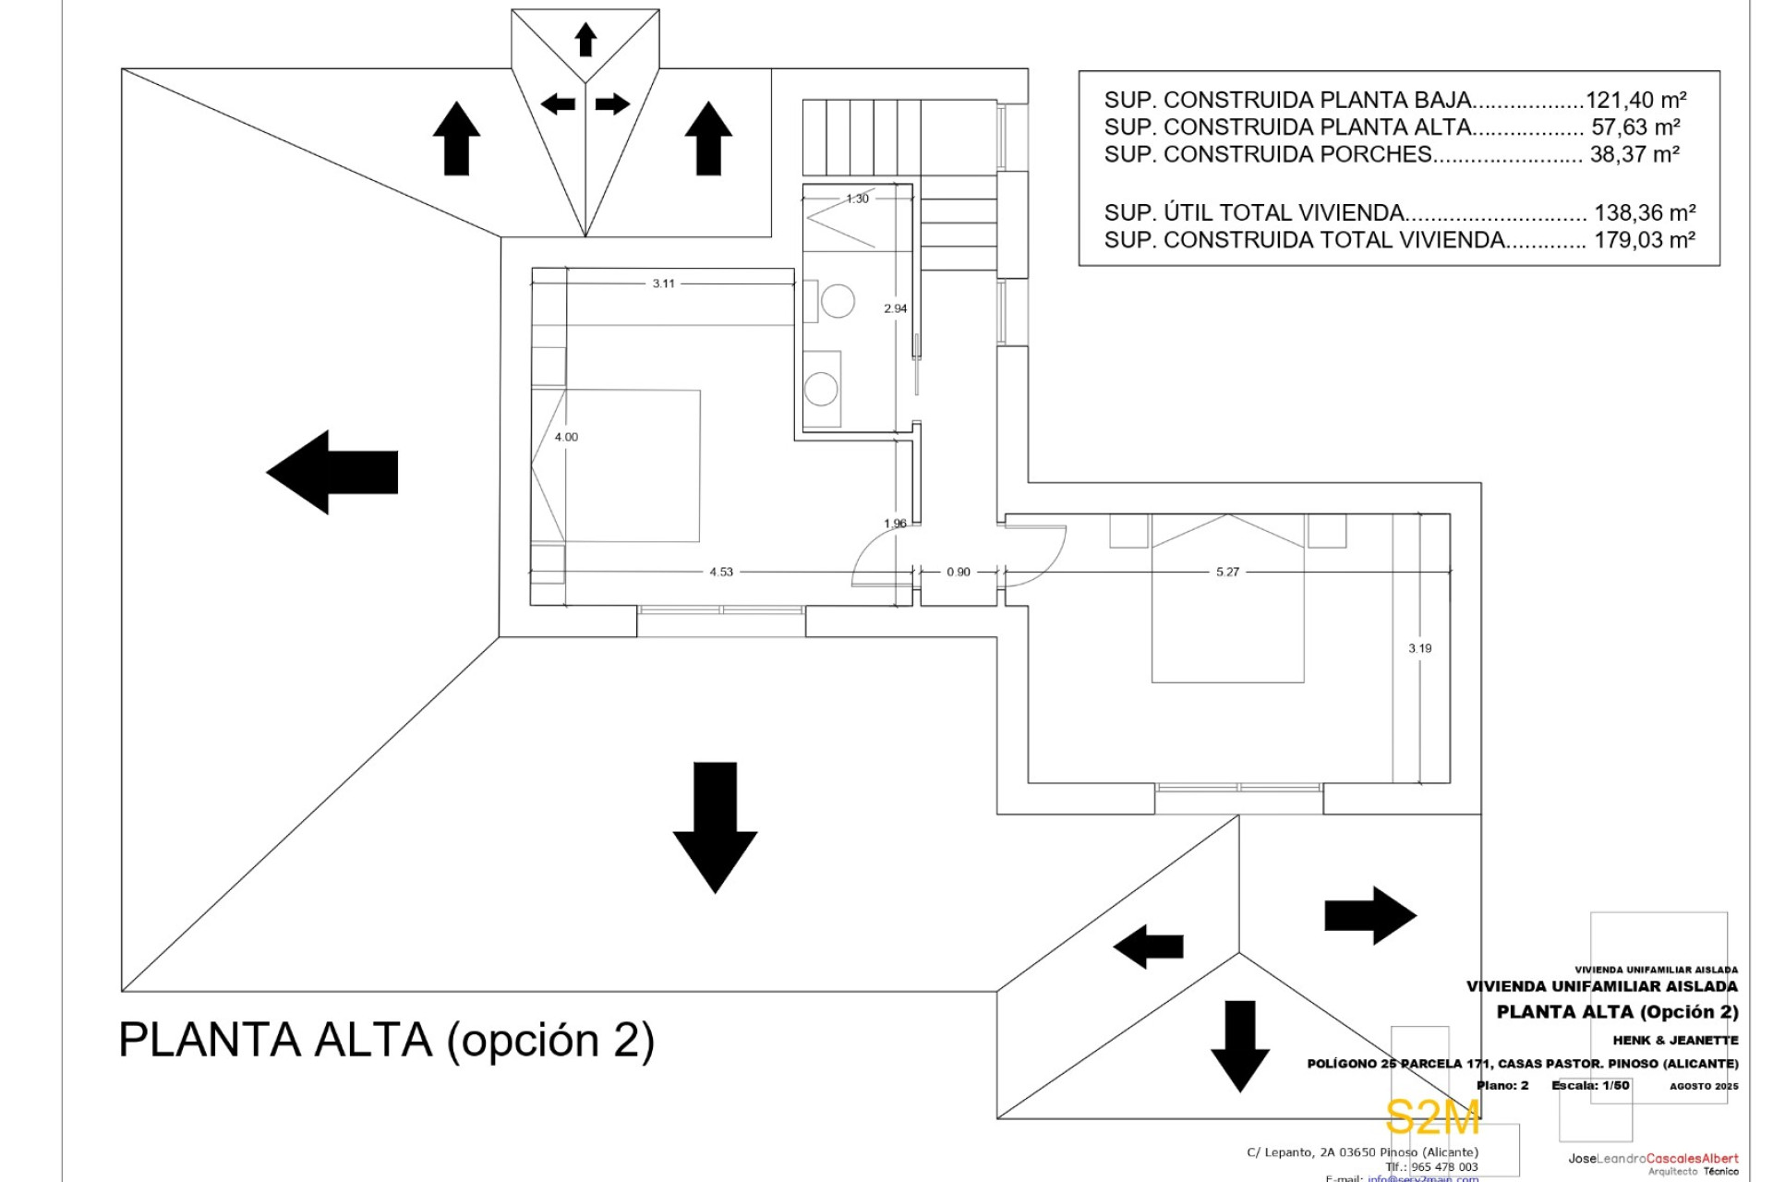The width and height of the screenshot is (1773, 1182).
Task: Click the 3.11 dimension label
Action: [663, 283]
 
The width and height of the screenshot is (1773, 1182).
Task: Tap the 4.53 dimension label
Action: [721, 573]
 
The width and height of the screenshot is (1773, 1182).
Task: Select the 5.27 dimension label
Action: [1227, 573]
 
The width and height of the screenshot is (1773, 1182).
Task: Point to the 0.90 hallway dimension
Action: [959, 573]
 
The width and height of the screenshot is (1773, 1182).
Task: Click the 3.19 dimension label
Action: [1420, 648]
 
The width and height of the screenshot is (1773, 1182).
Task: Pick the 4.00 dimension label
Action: [566, 437]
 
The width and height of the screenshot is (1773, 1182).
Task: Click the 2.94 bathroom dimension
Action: [895, 308]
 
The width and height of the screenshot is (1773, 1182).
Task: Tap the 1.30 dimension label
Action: [857, 199]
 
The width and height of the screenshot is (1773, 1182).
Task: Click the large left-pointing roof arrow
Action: [332, 472]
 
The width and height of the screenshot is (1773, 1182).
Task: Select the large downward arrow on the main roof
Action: [715, 826]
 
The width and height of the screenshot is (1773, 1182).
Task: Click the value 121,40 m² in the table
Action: [1635, 100]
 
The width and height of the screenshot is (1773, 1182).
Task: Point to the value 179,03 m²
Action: [1644, 240]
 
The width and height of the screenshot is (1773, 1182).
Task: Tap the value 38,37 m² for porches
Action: [1634, 154]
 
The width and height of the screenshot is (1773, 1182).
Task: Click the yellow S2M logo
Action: [1432, 1118]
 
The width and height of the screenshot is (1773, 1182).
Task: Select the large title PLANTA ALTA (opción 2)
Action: [387, 1040]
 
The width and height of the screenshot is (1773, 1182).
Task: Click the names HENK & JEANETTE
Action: [1675, 1040]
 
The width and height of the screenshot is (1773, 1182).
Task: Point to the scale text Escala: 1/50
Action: [1590, 1086]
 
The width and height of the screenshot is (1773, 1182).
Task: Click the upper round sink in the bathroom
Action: [838, 302]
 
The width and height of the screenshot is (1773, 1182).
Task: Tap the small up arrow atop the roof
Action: [585, 40]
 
